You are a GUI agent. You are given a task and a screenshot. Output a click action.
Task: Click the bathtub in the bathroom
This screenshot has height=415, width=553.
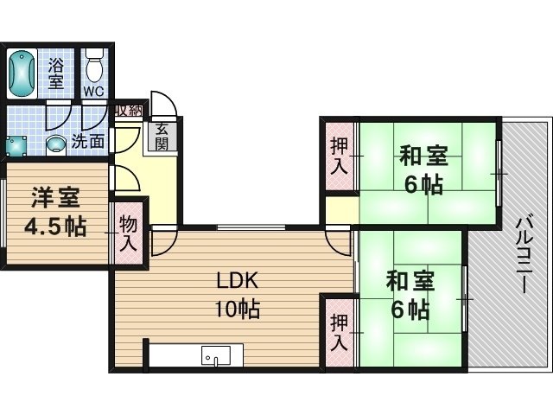pos(22,73)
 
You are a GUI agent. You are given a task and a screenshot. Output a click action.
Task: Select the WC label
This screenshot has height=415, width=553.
pos(94,92)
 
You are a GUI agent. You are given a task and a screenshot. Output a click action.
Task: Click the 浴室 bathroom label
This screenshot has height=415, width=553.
pos(56,73)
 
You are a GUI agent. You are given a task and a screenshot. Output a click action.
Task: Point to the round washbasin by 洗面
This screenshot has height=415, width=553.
pos(56,144)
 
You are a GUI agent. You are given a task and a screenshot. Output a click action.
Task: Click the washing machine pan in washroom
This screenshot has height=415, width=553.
pos(16,146)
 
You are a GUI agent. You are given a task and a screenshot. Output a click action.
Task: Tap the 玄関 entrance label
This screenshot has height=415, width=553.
pos(161,137)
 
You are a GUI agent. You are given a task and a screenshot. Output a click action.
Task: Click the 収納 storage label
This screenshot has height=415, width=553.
pos(129,111)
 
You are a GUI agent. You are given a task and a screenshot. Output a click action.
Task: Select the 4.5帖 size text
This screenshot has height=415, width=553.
pos(55,226)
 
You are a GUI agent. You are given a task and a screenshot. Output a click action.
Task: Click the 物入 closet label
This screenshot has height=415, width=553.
pos(128,233)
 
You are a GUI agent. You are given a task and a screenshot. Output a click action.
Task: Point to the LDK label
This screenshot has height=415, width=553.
pos(238,281)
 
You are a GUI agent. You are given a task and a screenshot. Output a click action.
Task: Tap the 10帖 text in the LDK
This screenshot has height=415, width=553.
pos(238,309)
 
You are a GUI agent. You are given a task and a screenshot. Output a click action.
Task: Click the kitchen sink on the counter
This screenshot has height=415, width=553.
pos(215,355)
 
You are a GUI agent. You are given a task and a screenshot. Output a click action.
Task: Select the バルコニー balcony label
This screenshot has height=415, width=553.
pos(524,255)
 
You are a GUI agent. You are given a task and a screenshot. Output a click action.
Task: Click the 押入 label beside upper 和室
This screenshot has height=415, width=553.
pos(340,156)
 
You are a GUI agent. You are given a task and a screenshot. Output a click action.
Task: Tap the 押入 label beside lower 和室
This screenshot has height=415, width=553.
pos(340,332)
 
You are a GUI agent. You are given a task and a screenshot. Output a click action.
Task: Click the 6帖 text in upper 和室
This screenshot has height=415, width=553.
pos(423,184)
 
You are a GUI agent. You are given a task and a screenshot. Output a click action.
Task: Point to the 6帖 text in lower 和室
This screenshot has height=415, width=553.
pos(410,310)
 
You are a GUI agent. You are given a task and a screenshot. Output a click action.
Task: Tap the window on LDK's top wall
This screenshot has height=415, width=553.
pos(251,227)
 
